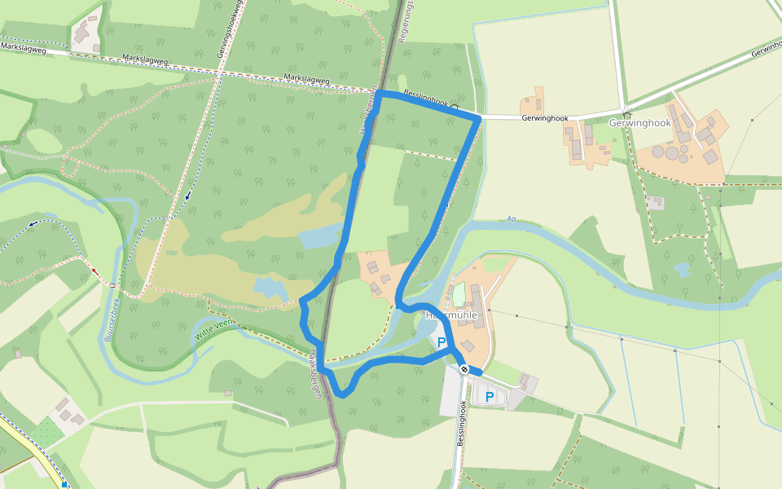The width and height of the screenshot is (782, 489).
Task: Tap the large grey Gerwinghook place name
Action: (x=639, y=123)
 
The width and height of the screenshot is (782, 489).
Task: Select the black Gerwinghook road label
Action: (x=545, y=118)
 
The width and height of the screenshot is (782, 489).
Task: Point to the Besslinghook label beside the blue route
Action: (x=425, y=99)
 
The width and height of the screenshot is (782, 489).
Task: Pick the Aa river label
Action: (x=512, y=218)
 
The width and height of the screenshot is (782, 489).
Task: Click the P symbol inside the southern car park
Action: (x=490, y=397)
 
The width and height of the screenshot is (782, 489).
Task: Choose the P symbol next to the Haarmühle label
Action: (x=442, y=342)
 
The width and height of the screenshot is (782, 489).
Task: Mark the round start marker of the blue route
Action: (x=464, y=370)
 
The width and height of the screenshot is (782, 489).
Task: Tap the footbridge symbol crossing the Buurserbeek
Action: (x=113, y=285)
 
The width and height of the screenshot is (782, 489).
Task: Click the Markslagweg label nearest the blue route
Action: (x=306, y=79)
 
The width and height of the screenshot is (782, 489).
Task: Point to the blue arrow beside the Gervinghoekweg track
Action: (x=188, y=195)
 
